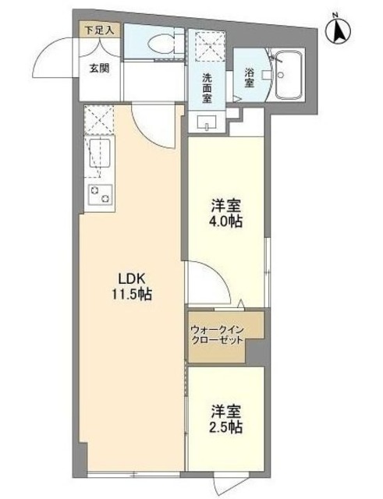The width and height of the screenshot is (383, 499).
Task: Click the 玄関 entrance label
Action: coord(99,68)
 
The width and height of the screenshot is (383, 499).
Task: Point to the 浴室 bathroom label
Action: coord(249,79)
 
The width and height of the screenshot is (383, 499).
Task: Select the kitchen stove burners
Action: coord(98,194)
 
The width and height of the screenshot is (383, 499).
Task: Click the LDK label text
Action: coord(132,280)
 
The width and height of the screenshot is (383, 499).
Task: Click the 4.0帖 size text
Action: coord(226,222)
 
